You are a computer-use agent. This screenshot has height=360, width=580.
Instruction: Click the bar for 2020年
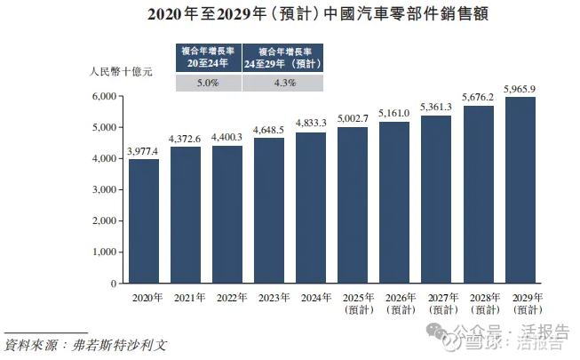144,221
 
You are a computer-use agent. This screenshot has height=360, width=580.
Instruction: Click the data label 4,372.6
186,139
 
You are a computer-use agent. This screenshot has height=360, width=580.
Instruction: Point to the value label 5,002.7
353,118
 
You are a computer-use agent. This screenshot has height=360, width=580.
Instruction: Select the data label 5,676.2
478,98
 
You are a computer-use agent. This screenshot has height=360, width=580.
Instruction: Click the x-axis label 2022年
227,298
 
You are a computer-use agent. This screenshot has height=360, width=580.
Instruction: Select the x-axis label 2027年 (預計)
436,303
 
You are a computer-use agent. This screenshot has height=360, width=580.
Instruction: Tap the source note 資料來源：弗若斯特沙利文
86,343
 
